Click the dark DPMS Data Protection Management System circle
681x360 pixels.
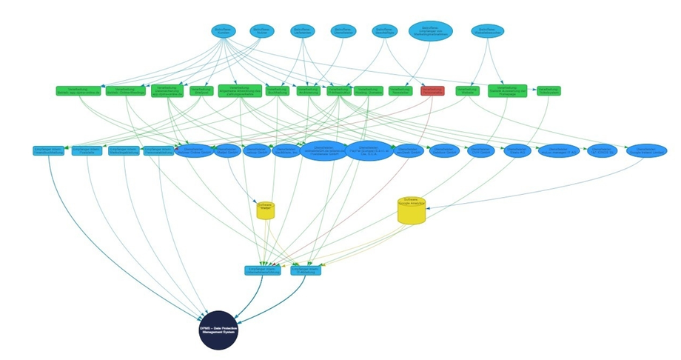click(x=218, y=330)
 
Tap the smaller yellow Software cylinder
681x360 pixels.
click(x=266, y=210)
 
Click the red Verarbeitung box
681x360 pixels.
click(x=432, y=90)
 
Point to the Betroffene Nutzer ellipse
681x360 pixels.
click(x=261, y=30)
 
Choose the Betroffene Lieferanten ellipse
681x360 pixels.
click(x=302, y=30)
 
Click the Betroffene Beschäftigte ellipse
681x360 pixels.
click(x=382, y=30)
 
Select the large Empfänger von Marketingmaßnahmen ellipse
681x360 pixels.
click(x=431, y=30)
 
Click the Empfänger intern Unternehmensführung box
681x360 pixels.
click(x=263, y=270)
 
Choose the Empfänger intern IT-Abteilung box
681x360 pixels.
click(x=306, y=270)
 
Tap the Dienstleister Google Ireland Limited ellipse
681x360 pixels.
click(x=646, y=150)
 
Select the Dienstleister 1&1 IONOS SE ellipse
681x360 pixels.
click(x=603, y=150)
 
